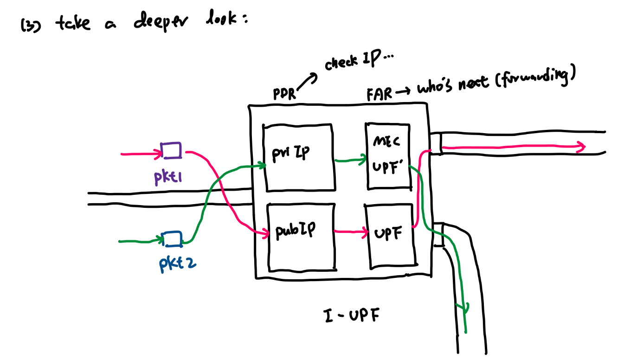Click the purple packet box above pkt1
point(171,150)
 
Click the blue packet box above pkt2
point(173,238)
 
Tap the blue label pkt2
point(177,264)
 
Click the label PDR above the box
point(284,94)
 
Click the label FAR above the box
point(379,94)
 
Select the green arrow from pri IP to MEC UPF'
point(350,161)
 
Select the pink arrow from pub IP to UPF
point(350,231)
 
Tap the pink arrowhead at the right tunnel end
point(580,148)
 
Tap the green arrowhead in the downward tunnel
point(462,308)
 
